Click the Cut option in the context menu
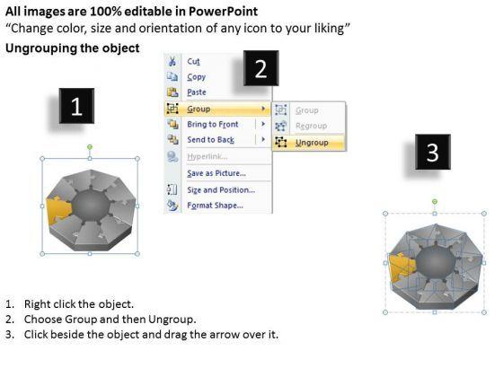coord(193,61)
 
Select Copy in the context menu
coord(197,77)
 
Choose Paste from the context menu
coord(197,92)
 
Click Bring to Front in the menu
coord(213,124)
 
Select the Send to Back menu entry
coord(211,140)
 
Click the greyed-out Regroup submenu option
coord(311,126)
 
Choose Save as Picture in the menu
coord(216,173)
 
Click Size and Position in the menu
coord(221,189)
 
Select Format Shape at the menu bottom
coord(216,206)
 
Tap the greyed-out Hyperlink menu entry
coord(207,156)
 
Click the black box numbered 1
coord(76,106)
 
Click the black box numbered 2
coord(260,68)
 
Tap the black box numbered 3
coord(433,152)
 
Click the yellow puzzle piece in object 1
coord(57,210)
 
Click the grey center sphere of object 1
coord(91,206)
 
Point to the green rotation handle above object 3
coord(435,202)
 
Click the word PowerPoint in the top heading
coord(223,12)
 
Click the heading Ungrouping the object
coord(73,48)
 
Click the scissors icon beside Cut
coord(172,61)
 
